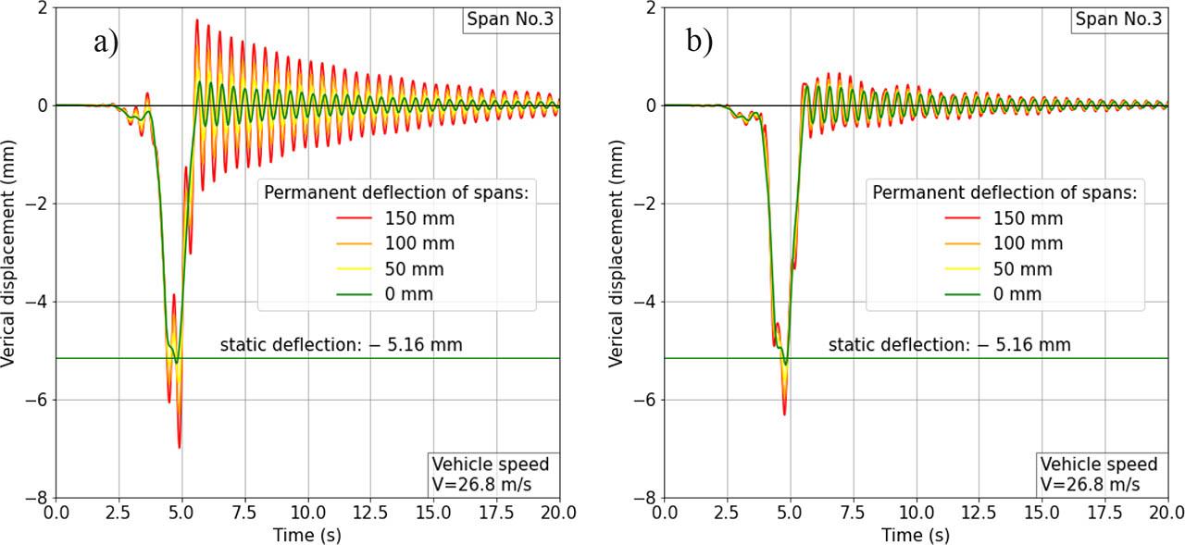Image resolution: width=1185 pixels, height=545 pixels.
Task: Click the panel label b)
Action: pyautogui.click(x=700, y=43)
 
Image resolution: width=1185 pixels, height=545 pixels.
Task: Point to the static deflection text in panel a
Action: pyautogui.click(x=341, y=345)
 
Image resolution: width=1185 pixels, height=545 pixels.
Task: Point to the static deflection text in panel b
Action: pyautogui.click(x=949, y=345)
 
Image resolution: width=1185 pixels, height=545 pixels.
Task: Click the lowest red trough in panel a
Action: pyautogui.click(x=179, y=447)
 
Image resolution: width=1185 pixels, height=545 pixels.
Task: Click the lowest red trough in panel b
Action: pyautogui.click(x=784, y=414)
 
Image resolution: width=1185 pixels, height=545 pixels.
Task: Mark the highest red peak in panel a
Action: pyautogui.click(x=196, y=20)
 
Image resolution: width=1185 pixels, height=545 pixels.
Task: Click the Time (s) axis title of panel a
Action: pyautogui.click(x=307, y=536)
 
